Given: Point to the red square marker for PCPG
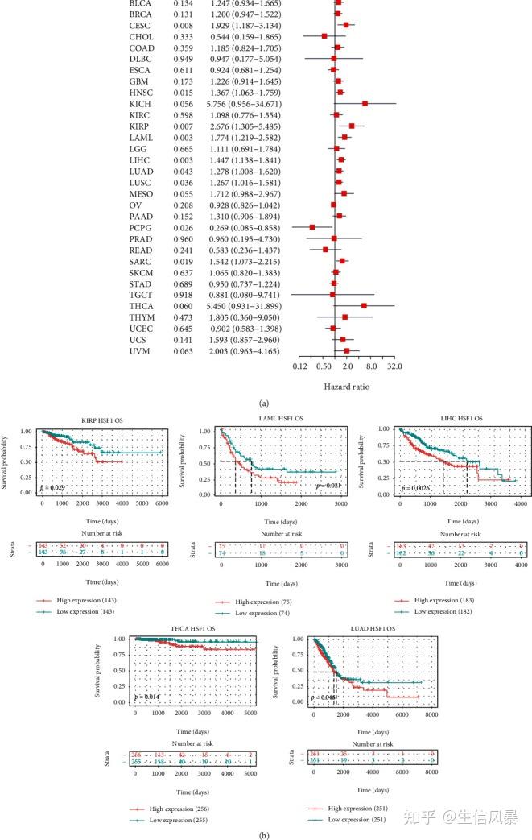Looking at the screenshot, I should click(x=312, y=227).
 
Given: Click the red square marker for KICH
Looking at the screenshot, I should click(x=365, y=104).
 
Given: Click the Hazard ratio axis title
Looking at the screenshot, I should click(x=347, y=386).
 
